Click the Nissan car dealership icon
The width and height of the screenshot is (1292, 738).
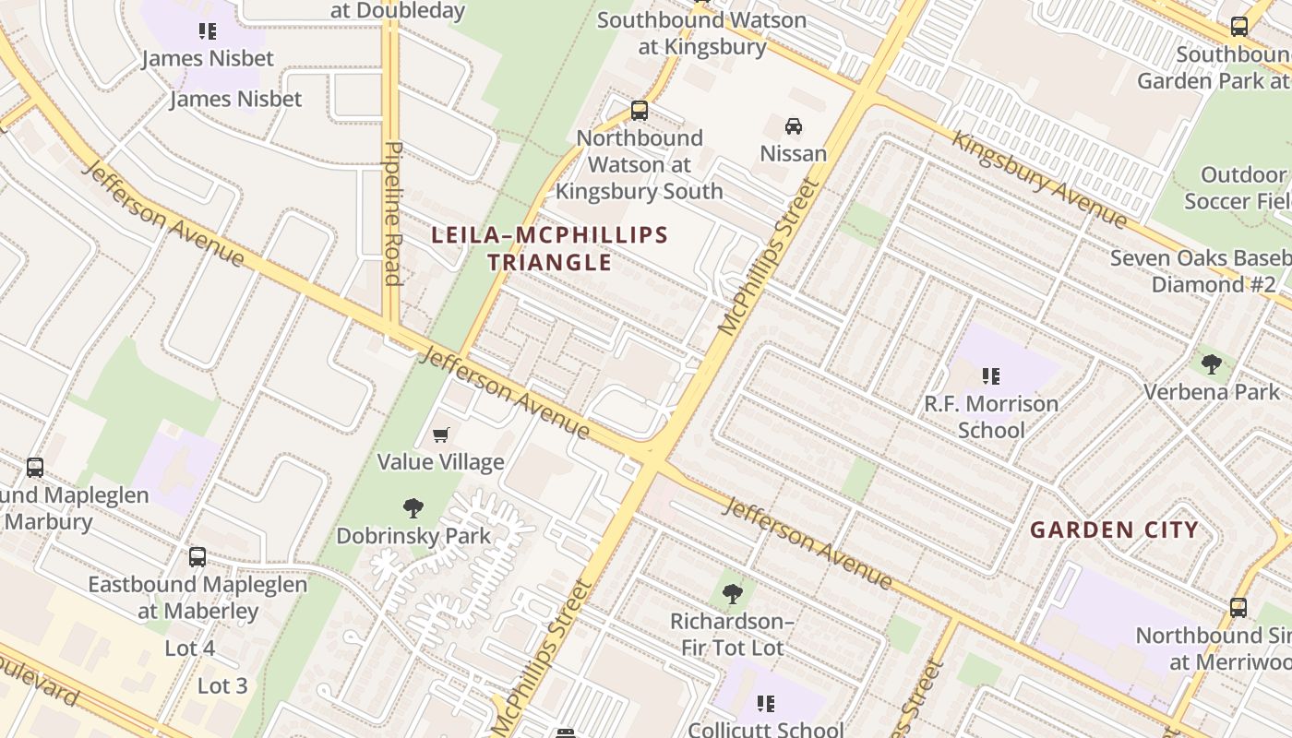click(793, 125)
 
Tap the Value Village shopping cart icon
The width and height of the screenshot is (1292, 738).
click(441, 434)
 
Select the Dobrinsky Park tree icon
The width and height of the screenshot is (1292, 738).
click(413, 507)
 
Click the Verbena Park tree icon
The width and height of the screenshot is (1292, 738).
click(1212, 363)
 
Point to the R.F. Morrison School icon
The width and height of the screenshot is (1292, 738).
click(991, 375)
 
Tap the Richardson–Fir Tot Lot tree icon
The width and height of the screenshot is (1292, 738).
click(733, 593)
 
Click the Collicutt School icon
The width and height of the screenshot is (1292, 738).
click(766, 705)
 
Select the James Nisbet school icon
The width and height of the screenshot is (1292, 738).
click(208, 31)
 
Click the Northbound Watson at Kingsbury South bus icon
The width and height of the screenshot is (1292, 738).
click(639, 111)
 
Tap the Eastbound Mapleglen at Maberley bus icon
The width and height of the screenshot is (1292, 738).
click(197, 557)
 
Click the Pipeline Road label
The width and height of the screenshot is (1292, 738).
click(393, 213)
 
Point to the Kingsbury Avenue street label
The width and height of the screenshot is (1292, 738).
click(1039, 180)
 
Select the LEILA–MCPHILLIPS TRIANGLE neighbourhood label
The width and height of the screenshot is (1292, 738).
click(550, 248)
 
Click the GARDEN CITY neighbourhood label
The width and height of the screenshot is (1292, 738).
click(1114, 530)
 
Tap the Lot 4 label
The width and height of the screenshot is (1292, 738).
click(190, 649)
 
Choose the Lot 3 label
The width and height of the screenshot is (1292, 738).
click(222, 686)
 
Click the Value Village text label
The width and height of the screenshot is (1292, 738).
click(441, 462)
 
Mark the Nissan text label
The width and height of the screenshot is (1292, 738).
click(793, 153)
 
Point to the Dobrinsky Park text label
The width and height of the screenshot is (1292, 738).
click(413, 536)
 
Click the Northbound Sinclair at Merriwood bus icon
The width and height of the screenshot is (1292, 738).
click(1238, 608)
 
